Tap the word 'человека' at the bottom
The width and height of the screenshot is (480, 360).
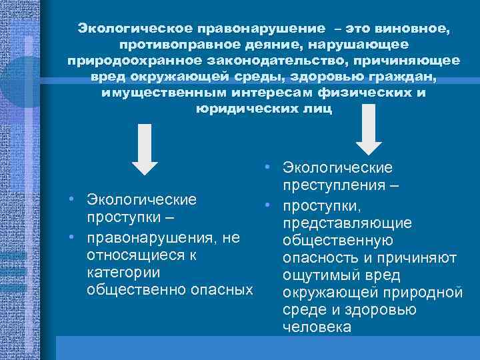316,327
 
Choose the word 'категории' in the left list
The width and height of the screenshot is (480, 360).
121,273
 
